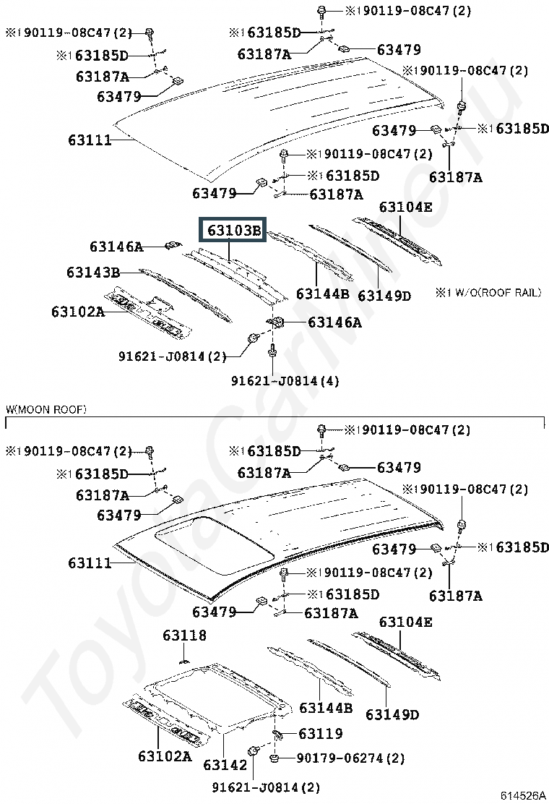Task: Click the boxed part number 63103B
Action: click(x=233, y=231)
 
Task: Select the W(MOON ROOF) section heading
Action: click(x=46, y=410)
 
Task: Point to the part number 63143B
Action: click(x=93, y=273)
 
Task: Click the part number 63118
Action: click(x=184, y=636)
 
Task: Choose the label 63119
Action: click(x=320, y=734)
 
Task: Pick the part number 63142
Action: click(x=225, y=764)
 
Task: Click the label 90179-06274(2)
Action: click(x=351, y=758)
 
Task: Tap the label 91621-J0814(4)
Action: click(x=285, y=380)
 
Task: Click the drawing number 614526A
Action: click(x=524, y=795)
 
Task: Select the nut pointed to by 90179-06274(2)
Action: click(x=275, y=758)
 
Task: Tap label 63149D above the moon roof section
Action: click(x=384, y=295)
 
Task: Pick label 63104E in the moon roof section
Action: click(x=405, y=622)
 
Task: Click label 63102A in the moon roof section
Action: click(x=165, y=756)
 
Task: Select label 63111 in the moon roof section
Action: click(x=90, y=563)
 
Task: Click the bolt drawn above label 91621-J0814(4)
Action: click(x=273, y=352)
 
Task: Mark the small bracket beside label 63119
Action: click(x=277, y=735)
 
